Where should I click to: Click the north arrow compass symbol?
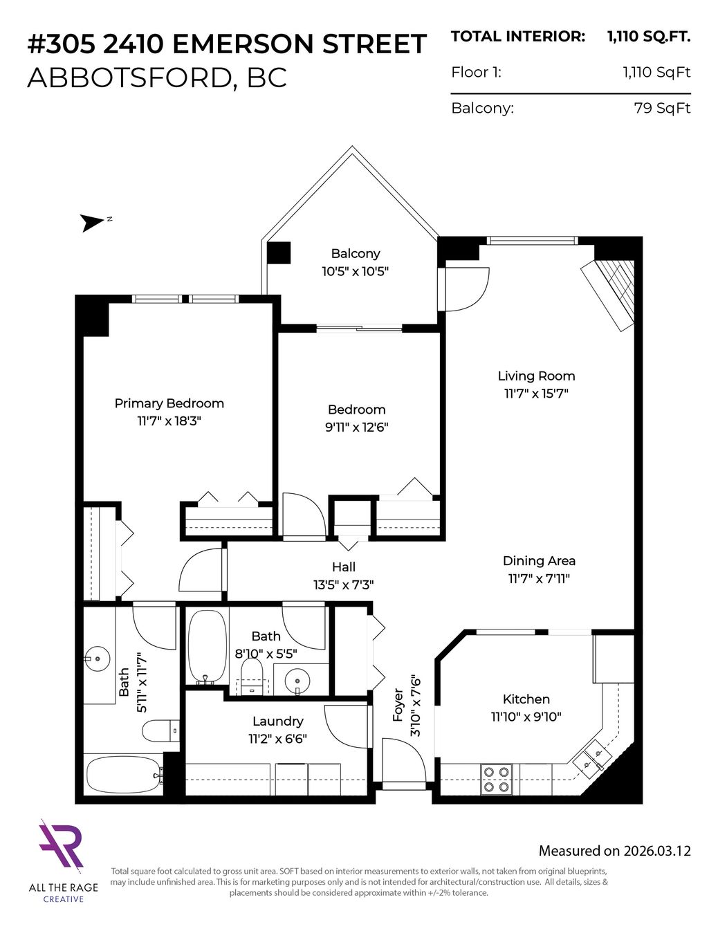pyautogui.click(x=91, y=223)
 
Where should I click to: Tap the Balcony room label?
pyautogui.click(x=356, y=253)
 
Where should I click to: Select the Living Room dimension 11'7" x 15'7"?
pyautogui.click(x=536, y=394)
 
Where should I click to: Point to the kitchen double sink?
pyautogui.click(x=593, y=759)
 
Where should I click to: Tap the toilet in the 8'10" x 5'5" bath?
pyautogui.click(x=251, y=677)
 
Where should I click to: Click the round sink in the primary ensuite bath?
pyautogui.click(x=98, y=659)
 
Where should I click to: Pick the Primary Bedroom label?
pyautogui.click(x=169, y=403)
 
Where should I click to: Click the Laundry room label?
pyautogui.click(x=278, y=721)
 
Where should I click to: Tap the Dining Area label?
pyautogui.click(x=539, y=560)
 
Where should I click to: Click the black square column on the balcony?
pyautogui.click(x=279, y=252)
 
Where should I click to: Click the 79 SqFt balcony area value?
pyautogui.click(x=662, y=108)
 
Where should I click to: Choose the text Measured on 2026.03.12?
pyautogui.click(x=614, y=851)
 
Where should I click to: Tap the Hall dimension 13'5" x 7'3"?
pyautogui.click(x=344, y=585)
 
